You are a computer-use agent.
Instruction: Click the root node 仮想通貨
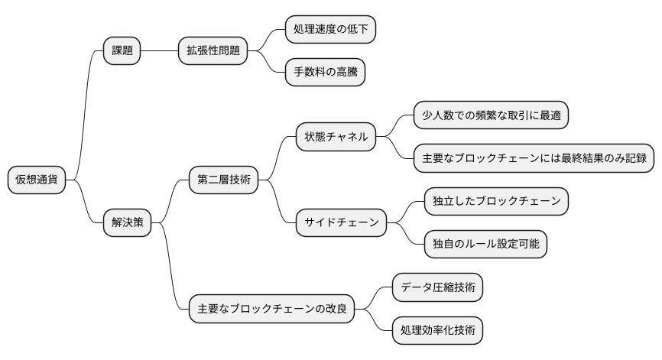click(x=37, y=180)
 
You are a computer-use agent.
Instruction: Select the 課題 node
click(x=122, y=51)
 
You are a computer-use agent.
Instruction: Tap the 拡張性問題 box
click(x=213, y=51)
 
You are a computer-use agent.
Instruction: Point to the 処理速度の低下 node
click(x=330, y=30)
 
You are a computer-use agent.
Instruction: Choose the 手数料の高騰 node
click(x=325, y=73)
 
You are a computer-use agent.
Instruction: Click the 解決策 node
click(x=127, y=223)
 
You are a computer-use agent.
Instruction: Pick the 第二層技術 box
click(x=223, y=180)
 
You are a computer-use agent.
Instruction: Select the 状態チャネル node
click(x=336, y=138)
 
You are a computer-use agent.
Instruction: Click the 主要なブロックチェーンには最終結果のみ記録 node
click(x=534, y=158)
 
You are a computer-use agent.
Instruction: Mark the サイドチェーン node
click(x=341, y=223)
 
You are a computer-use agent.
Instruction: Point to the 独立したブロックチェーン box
click(x=496, y=201)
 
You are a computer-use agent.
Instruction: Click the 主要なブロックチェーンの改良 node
click(x=271, y=309)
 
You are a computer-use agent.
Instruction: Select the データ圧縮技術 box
click(x=437, y=287)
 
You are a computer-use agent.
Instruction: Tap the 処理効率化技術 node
click(x=437, y=330)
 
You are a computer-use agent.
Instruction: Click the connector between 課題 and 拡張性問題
click(x=159, y=51)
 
